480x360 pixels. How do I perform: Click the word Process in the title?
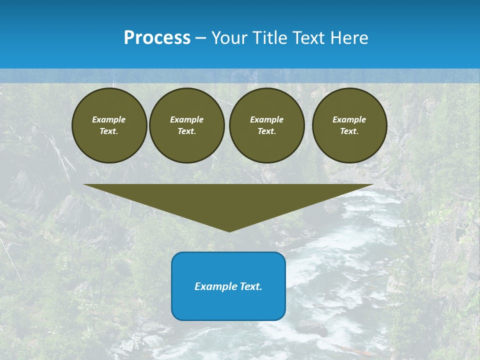pos(157,38)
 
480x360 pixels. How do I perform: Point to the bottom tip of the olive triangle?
pos(229,231)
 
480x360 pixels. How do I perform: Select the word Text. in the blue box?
pos(250,286)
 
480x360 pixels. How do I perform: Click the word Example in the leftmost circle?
pos(109,119)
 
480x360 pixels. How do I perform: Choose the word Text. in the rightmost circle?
pos(349,131)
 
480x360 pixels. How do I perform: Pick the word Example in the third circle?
pos(266,119)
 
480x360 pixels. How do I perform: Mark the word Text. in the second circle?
pos(187,131)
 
